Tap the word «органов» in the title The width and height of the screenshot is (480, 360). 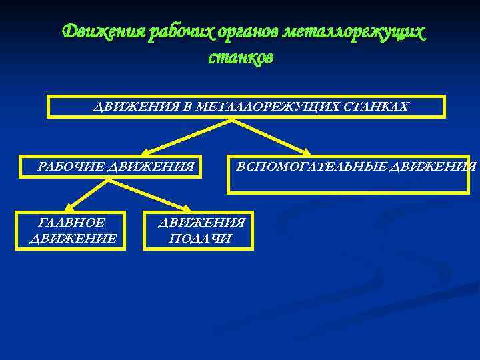(246, 32)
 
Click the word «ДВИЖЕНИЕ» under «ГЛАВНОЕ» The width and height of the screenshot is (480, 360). (73, 238)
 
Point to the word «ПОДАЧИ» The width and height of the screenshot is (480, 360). (201, 238)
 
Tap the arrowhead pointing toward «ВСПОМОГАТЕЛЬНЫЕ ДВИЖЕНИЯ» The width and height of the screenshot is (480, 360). (308, 153)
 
